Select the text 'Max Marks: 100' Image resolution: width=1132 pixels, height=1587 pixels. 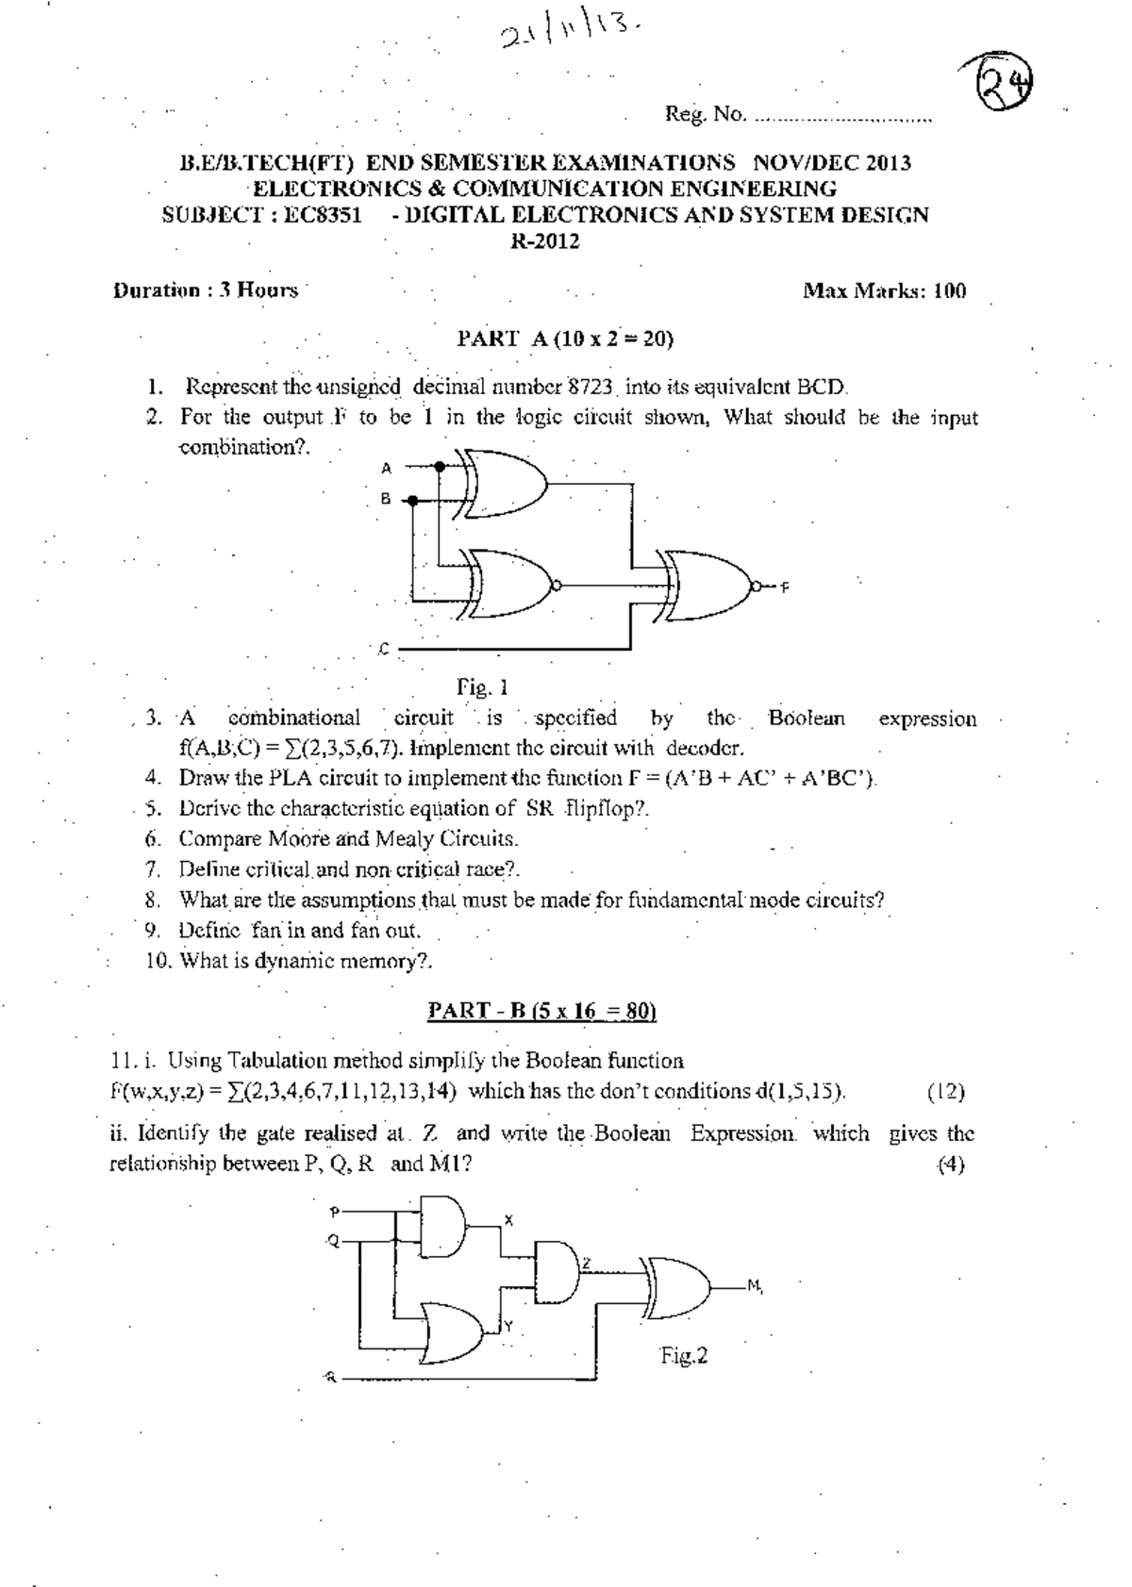point(884,290)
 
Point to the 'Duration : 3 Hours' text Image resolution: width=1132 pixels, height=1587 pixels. point(206,290)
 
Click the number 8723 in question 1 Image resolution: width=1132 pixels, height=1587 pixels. point(592,387)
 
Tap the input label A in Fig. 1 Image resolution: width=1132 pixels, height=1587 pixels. point(386,468)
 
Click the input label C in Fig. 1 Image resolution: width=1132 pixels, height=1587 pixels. point(384,650)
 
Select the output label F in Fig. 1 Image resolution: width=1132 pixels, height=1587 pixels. point(784,587)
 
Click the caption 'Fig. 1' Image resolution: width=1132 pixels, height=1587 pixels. point(483,686)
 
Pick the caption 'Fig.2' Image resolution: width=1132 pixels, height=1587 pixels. point(684,1356)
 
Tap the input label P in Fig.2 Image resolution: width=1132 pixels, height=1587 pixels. point(334,1212)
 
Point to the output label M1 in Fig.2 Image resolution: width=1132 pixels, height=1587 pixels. point(755,1286)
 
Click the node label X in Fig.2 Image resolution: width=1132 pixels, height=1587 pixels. point(508,1220)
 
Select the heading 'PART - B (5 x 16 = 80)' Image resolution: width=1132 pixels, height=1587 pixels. point(541,1012)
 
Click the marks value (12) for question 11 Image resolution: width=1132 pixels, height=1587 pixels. point(945,1092)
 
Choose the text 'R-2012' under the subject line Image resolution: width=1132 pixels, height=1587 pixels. point(545,241)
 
